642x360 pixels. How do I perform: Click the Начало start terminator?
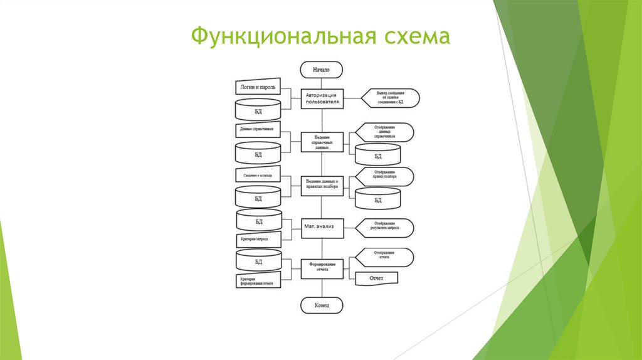pos(321,69)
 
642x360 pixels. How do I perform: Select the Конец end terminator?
pos(321,305)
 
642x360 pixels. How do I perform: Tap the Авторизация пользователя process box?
pos(322,97)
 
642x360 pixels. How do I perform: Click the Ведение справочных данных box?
pos(322,141)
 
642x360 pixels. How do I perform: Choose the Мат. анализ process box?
pos(322,228)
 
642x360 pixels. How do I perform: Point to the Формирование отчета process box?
pos(322,267)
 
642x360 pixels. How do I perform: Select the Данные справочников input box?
pos(258,130)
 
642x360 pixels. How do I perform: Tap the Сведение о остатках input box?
pos(258,175)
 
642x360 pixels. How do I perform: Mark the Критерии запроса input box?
pos(258,238)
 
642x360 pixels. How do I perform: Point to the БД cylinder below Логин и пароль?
pos(258,111)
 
